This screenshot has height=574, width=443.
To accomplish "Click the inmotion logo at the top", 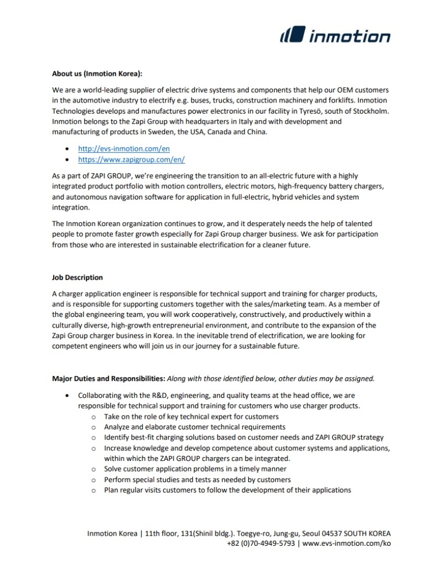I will tap(335, 37).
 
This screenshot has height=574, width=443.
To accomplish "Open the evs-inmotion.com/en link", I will tap(123, 149).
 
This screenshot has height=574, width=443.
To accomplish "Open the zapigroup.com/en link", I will tap(131, 159).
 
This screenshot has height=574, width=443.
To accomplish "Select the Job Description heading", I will tap(78, 277).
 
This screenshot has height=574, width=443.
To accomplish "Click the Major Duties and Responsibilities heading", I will tap(108, 379).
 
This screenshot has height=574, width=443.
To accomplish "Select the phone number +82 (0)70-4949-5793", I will tap(261, 544).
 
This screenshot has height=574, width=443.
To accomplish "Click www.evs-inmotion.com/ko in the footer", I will tap(347, 544).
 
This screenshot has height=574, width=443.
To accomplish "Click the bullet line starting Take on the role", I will tap(191, 416).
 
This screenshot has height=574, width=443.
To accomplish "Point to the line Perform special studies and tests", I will tap(197, 480).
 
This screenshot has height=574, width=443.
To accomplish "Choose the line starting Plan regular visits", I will tap(227, 490).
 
